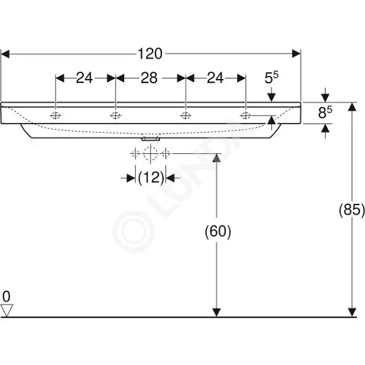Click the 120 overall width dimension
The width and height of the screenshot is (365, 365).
pos(150,54)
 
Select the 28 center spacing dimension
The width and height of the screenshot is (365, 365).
pos(149,78)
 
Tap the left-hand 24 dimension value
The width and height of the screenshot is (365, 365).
pos(84,78)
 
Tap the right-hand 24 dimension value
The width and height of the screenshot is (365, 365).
pos(216,78)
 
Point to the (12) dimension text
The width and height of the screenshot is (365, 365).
pos(151,178)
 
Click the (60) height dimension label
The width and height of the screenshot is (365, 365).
pos(218,232)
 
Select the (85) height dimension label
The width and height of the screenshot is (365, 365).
pos(351,210)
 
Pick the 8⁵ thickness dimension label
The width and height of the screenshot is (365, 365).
pos(325,112)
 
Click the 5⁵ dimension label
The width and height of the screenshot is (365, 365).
pos(271,78)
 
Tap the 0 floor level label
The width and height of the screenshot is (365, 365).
pos(6,297)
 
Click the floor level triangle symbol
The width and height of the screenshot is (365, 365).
pos(7,310)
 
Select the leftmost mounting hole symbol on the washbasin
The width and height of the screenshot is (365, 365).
pos(56,115)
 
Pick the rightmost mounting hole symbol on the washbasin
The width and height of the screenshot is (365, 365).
pos(246,115)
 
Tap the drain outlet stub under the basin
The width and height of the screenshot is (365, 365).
pos(151,139)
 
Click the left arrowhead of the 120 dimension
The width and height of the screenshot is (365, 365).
pos(5,54)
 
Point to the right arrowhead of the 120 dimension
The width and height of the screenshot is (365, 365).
pos(296,54)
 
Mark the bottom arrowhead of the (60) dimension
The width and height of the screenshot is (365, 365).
pos(217,313)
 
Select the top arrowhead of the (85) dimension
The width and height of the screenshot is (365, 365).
pos(352,107)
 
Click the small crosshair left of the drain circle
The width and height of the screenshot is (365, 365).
pos(135,154)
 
